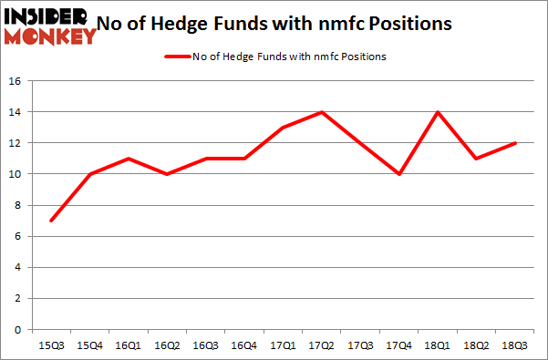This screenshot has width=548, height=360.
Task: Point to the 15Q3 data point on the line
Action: point(51,221)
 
